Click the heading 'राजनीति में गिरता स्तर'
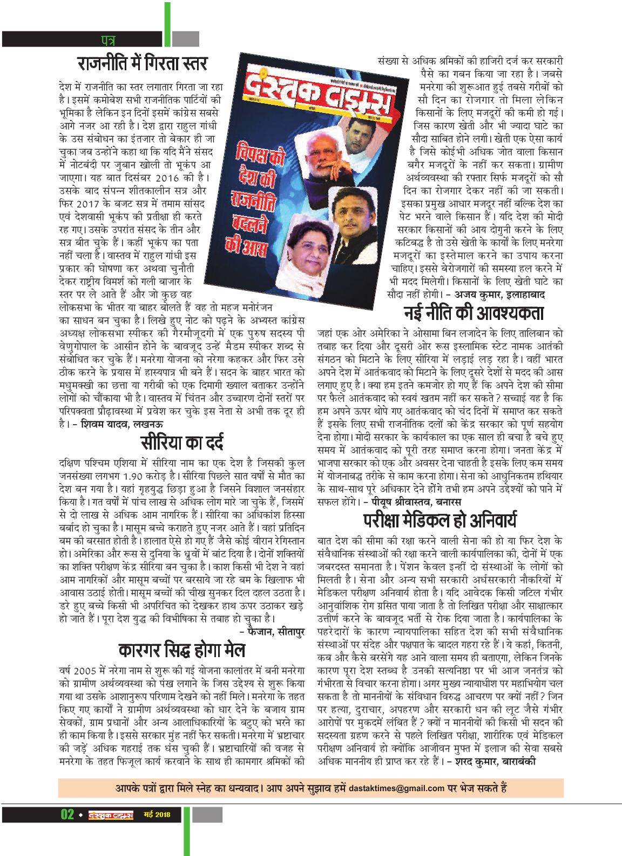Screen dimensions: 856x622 point(142,64)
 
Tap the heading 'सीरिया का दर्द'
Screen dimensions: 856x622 point(181,442)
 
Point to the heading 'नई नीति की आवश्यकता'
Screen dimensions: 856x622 point(474,313)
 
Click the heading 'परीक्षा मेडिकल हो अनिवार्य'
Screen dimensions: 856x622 point(440,520)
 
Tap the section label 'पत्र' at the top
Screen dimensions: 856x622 point(107,39)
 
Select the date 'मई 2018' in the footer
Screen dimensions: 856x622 point(157,814)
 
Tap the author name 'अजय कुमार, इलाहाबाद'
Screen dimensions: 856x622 point(499,295)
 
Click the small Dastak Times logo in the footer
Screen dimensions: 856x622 point(111,814)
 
